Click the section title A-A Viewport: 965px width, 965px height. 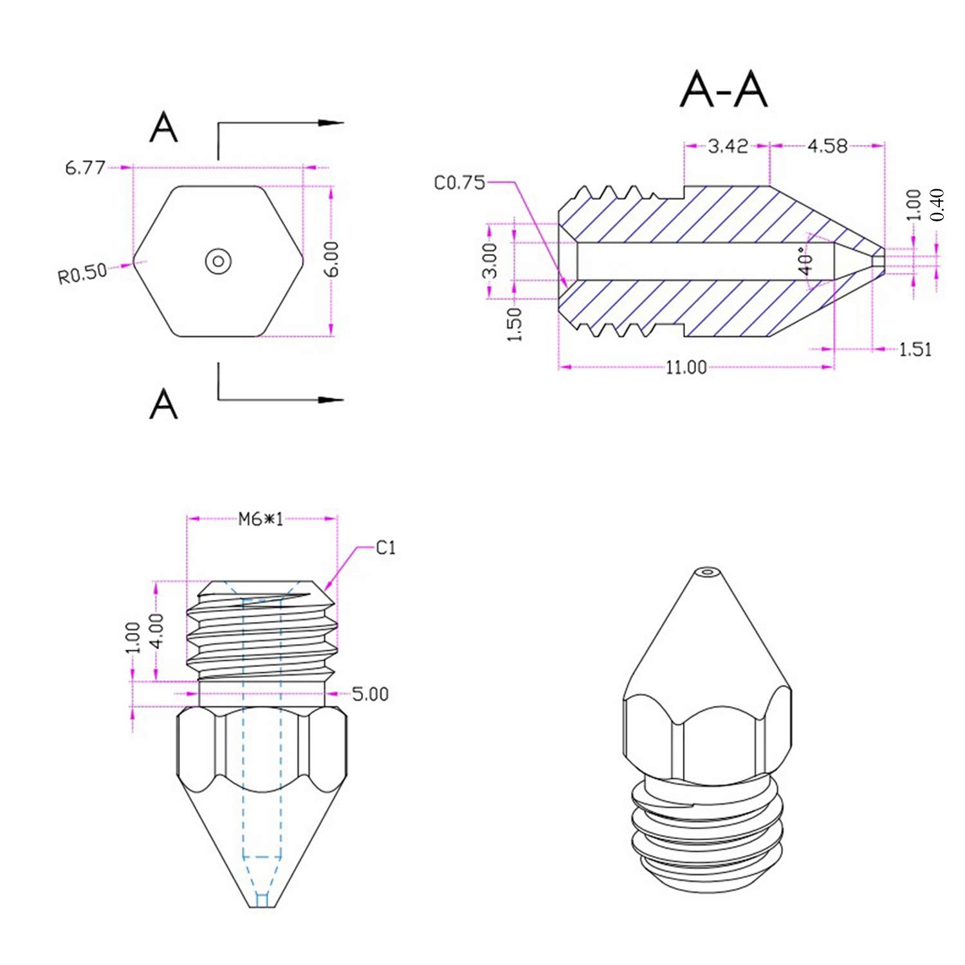point(724,90)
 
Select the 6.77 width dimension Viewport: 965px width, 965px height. point(85,168)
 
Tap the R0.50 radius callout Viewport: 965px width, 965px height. point(82,273)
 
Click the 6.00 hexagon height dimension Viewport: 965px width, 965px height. point(331,259)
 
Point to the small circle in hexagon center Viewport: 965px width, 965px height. point(218,261)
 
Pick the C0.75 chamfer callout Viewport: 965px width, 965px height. point(459,183)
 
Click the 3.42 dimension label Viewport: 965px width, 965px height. point(728,147)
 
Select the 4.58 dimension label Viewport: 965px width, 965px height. point(827,147)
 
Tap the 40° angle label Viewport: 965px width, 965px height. point(805,261)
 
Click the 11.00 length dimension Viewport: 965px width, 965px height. point(686,367)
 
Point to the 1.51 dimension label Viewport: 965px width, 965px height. point(915,349)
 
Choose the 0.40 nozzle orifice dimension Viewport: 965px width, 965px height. point(937,205)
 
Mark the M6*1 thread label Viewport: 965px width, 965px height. point(261,519)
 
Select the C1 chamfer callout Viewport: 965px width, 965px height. point(385,547)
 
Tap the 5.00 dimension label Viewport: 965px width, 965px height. point(371,694)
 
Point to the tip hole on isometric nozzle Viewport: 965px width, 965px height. point(708,571)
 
